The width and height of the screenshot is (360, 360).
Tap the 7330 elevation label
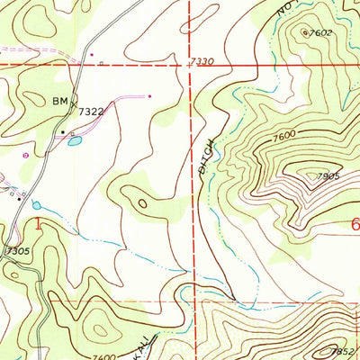click(203, 61)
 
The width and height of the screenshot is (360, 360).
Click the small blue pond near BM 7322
click(73, 141)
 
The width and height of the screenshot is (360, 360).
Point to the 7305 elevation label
click(15, 249)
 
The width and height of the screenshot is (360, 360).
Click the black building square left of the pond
click(62, 132)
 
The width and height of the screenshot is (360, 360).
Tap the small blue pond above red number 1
click(37, 205)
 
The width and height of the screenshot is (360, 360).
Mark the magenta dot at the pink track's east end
click(148, 94)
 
